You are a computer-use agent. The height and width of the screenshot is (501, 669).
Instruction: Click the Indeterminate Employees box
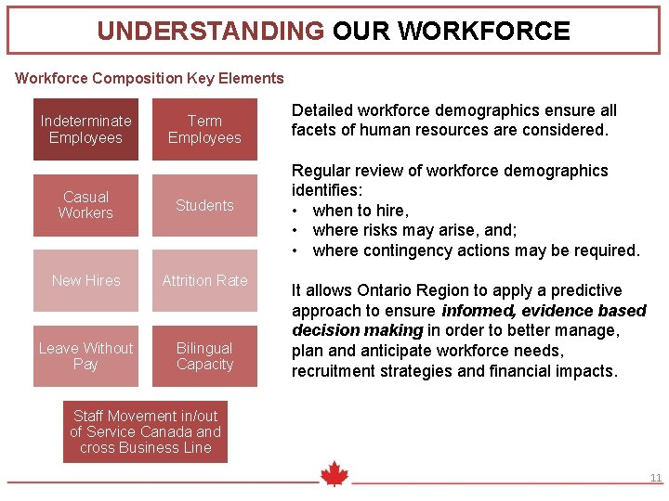click(85, 129)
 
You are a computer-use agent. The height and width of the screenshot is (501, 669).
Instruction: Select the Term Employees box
click(204, 129)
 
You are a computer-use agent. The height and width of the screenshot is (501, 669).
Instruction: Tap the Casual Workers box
click(85, 205)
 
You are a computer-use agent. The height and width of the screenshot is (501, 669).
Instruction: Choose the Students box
click(204, 205)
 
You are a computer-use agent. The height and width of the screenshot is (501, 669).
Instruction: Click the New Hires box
click(85, 280)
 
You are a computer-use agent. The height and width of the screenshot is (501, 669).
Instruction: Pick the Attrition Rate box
click(204, 280)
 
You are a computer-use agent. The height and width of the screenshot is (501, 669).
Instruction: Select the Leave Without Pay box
click(85, 355)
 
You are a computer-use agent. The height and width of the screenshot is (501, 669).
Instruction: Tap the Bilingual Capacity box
click(204, 355)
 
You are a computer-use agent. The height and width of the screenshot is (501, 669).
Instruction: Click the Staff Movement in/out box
click(145, 431)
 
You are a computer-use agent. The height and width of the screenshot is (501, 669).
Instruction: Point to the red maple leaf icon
click(334, 475)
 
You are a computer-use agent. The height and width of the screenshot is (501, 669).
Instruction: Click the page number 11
click(655, 479)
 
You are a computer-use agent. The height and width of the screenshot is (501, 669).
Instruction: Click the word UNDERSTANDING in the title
click(210, 32)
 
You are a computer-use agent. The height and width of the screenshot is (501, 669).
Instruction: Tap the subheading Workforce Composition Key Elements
click(150, 79)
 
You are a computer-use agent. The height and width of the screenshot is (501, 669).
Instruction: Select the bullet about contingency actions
click(476, 250)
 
